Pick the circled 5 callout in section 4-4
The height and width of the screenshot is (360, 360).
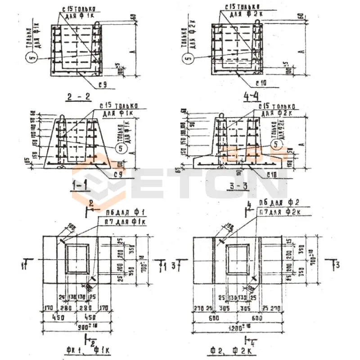click(x=188, y=58)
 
